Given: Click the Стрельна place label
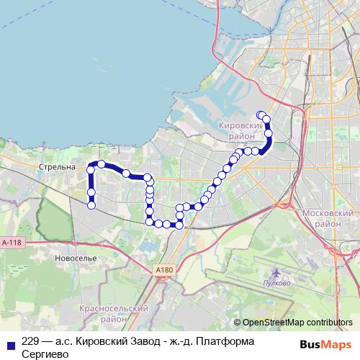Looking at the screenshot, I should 60,167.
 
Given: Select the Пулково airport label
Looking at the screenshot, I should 277,284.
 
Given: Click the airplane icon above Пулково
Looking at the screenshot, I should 277,273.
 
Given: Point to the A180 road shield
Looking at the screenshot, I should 165,269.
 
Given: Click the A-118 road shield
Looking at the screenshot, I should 12,243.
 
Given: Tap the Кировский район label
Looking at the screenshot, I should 237,129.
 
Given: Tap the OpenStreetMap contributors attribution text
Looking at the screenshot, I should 297,323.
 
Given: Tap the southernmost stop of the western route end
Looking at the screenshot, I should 91,206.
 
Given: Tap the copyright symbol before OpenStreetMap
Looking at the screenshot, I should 238,323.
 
